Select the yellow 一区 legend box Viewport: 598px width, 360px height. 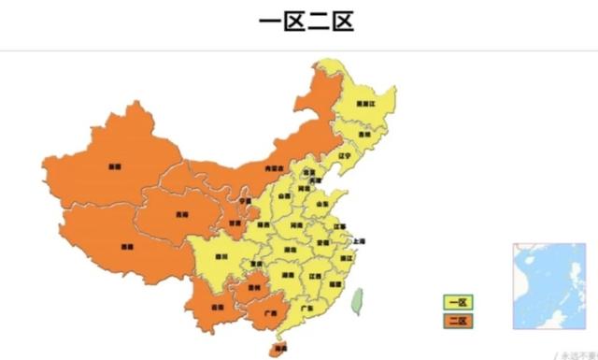[458, 302]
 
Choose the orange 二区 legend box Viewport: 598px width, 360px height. [458, 321]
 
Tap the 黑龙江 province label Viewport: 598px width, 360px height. [366, 105]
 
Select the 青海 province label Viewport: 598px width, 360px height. [180, 212]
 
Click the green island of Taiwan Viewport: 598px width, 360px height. [356, 299]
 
